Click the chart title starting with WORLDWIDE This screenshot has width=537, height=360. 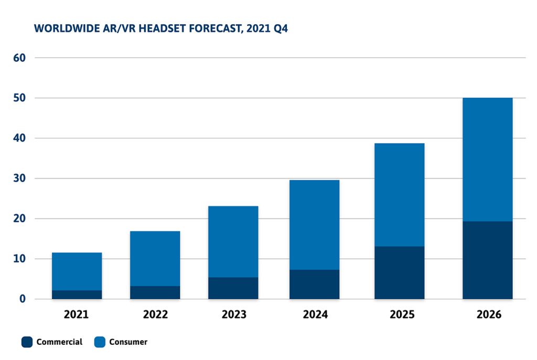click(x=161, y=28)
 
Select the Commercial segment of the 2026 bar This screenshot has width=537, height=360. click(x=487, y=260)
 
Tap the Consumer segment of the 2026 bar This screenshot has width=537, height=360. click(x=487, y=159)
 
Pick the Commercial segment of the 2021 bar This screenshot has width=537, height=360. click(x=77, y=294)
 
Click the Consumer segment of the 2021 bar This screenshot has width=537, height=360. click(x=77, y=271)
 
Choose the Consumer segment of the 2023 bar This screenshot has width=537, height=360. click(x=233, y=242)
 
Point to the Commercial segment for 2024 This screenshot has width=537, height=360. click(x=314, y=284)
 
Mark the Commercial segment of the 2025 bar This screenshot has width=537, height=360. click(x=399, y=272)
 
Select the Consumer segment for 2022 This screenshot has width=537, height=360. click(x=155, y=258)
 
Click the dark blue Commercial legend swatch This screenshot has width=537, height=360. click(x=27, y=342)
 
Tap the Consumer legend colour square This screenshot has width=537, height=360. click(x=100, y=342)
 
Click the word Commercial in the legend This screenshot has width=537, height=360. click(x=59, y=342)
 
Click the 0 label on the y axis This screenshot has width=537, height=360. click(x=23, y=299)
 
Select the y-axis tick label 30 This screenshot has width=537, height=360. click(x=19, y=179)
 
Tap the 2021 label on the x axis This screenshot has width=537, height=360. click(x=77, y=315)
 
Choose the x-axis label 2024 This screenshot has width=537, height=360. click(x=314, y=315)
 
